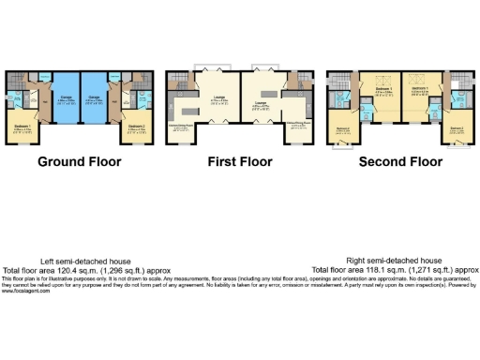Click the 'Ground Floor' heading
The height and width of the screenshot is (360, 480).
(80, 161)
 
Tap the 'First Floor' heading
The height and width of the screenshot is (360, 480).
(240, 161)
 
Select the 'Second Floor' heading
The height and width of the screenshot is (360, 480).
(400, 161)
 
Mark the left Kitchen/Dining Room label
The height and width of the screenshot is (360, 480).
(180, 124)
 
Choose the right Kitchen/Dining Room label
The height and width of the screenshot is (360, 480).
(298, 124)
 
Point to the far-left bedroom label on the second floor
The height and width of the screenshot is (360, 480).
(342, 127)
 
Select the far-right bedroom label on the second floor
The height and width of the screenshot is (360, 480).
(457, 127)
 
